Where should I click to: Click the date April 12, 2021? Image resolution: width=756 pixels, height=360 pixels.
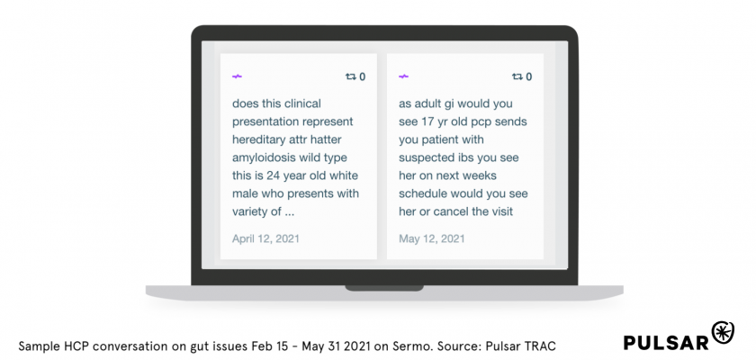(265, 238)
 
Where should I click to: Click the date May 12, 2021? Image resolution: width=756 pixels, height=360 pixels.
(431, 238)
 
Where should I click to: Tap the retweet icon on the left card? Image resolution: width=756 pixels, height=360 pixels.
(350, 76)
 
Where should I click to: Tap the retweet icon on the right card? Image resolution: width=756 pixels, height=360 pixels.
(517, 76)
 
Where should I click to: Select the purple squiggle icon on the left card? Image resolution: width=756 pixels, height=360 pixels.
(237, 76)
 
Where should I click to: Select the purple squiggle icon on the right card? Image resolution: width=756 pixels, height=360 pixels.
(403, 76)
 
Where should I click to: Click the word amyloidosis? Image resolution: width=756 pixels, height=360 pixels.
(265, 158)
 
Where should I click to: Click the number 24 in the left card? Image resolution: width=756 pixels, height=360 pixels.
(273, 175)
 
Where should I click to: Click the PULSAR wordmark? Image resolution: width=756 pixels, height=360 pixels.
(667, 342)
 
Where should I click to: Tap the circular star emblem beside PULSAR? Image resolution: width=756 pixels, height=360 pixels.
(724, 332)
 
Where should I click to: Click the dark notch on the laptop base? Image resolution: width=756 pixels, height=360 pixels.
(384, 288)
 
